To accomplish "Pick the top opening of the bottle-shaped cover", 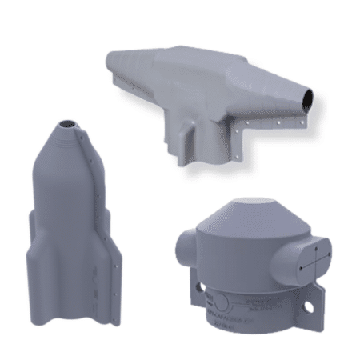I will (69, 123).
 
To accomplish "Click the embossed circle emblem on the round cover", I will (226, 302).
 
